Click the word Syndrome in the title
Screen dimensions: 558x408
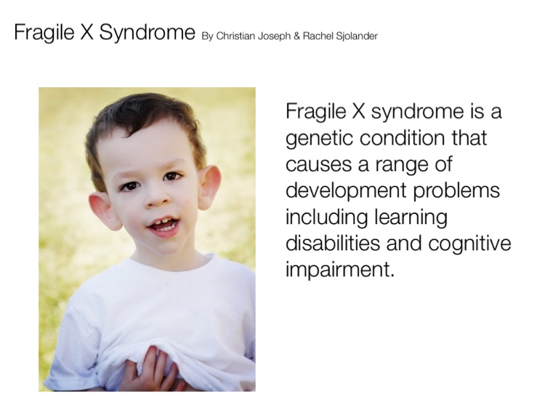tap(147, 33)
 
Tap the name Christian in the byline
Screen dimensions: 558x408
tap(235, 36)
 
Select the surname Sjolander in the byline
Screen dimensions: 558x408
tap(357, 36)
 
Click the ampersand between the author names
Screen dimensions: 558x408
tap(296, 36)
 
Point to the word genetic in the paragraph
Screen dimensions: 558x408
tap(320, 138)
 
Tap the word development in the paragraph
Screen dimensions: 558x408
tap(346, 191)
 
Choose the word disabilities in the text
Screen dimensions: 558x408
tap(333, 243)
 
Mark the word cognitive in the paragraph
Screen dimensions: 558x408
tap(470, 244)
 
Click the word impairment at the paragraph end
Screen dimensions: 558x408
tap(340, 269)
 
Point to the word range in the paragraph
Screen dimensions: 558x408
tap(402, 165)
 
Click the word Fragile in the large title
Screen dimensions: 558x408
tap(44, 33)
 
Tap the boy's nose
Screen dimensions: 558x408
tap(157, 199)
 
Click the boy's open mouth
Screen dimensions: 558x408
tap(163, 226)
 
